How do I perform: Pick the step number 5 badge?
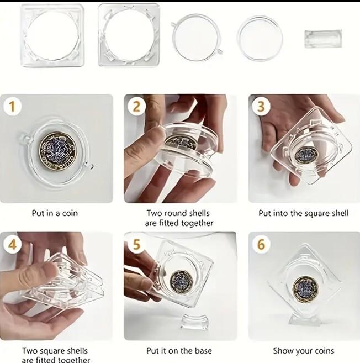[136, 244]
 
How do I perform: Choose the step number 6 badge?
[261, 244]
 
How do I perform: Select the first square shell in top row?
[52, 35]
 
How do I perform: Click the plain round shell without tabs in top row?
[260, 37]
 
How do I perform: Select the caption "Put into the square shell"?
[304, 213]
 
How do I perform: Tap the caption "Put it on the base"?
[179, 350]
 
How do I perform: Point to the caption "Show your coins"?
[304, 350]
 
